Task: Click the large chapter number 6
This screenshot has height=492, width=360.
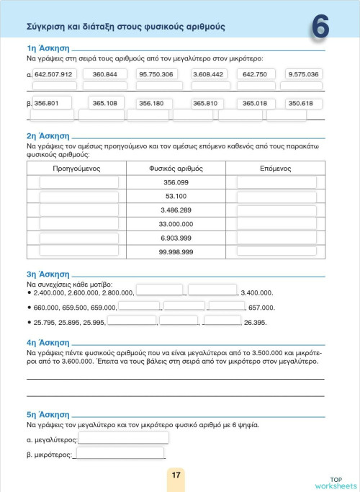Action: tap(321, 27)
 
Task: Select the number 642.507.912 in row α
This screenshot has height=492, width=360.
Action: tap(53, 73)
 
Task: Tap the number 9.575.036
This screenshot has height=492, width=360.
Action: tap(303, 73)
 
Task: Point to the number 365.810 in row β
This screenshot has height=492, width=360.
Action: tap(205, 103)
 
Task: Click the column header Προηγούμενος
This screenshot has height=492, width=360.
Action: tap(76, 167)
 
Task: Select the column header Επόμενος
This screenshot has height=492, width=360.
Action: tap(275, 167)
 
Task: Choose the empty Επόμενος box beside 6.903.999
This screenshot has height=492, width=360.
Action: tap(276, 238)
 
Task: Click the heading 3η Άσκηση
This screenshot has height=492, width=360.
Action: tap(47, 274)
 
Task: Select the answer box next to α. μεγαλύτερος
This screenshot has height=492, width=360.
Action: tap(123, 438)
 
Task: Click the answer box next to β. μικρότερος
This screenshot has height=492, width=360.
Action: tap(119, 454)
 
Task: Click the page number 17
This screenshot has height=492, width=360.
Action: tap(176, 475)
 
